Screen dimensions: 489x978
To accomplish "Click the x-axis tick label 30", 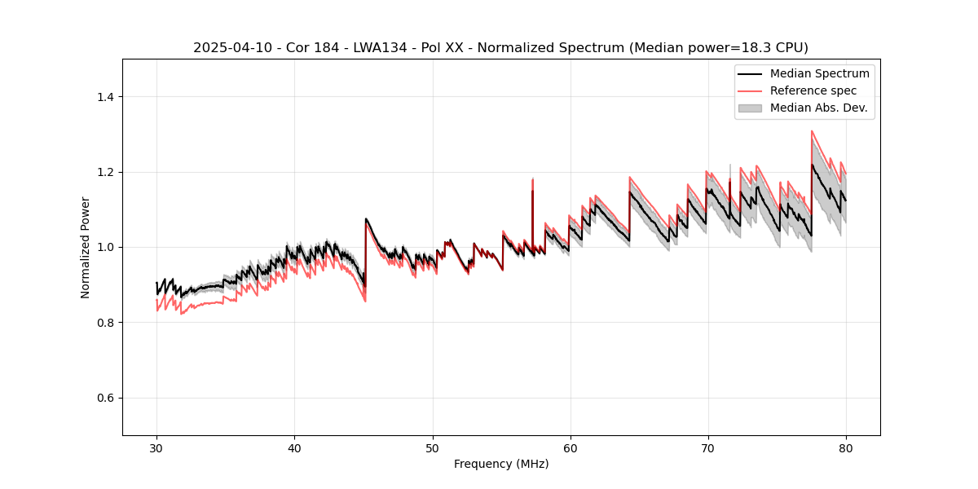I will point(156,448).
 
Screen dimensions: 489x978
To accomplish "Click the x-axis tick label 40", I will point(294,448).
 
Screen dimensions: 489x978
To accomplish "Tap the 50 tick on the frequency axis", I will point(432,448).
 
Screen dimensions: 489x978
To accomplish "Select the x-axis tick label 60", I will point(570,448).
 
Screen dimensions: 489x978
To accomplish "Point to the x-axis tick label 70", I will point(707,448).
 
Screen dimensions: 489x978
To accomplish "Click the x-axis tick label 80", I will point(845,448).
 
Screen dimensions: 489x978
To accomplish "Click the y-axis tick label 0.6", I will point(105,398).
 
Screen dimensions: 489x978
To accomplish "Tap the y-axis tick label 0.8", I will point(105,323).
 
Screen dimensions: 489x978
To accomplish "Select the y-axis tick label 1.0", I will point(105,247).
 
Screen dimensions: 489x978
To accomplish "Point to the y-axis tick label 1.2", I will point(105,172).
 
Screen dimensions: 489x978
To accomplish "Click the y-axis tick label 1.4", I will point(105,97).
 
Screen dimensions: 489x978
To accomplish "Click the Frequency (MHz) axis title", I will point(501,464).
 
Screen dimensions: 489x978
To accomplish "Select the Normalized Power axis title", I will point(86,247).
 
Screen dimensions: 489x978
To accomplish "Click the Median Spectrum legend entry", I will point(819,73).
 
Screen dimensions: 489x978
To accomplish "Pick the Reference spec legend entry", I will point(813,90).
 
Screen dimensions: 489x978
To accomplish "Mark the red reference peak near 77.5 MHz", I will point(812,131).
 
